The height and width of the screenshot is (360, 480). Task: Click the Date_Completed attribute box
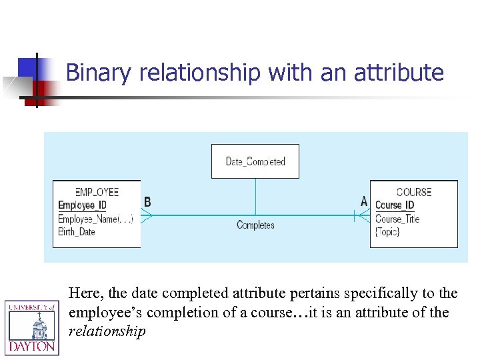pyautogui.click(x=255, y=161)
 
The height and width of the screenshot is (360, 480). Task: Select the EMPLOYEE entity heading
pyautogui.click(x=97, y=192)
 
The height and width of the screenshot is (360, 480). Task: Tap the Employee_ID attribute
pyautogui.click(x=82, y=205)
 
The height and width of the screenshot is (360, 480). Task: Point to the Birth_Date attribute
pyautogui.click(x=77, y=231)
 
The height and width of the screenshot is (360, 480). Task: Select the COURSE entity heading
pyautogui.click(x=413, y=192)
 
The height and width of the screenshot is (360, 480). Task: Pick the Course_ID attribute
pyautogui.click(x=395, y=205)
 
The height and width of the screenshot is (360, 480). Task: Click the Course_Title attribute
pyautogui.click(x=397, y=219)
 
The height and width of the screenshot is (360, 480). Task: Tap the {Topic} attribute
pyautogui.click(x=388, y=232)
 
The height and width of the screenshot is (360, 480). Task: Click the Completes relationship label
pyautogui.click(x=255, y=225)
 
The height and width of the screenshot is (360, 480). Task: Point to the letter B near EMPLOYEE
pyautogui.click(x=147, y=201)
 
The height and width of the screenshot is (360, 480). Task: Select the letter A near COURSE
pyautogui.click(x=364, y=201)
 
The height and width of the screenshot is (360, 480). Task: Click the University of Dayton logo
pyautogui.click(x=32, y=327)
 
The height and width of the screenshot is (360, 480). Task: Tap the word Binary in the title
pyautogui.click(x=100, y=73)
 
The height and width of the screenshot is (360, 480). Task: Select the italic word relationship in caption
pyautogui.click(x=107, y=331)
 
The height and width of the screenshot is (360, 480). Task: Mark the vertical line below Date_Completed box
pyautogui.click(x=255, y=196)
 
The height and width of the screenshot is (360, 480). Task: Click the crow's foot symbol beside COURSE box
pyautogui.click(x=363, y=215)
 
